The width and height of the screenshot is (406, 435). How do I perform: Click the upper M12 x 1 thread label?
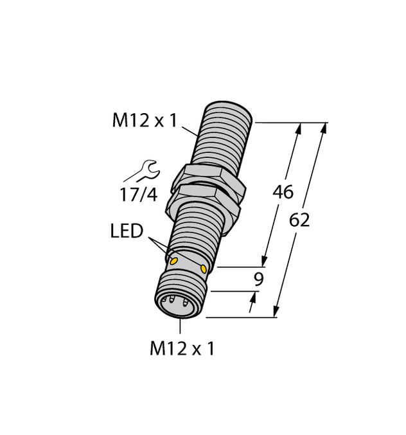[x=144, y=121]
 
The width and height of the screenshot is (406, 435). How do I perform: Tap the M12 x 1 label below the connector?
[x=182, y=349]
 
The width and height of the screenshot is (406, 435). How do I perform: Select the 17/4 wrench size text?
[x=137, y=195]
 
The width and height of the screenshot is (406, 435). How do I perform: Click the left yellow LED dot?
[x=172, y=260]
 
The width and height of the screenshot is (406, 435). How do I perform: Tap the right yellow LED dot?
[x=204, y=268]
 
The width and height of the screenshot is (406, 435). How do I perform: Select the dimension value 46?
[x=283, y=191]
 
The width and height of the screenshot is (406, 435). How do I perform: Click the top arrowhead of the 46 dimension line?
[x=297, y=128]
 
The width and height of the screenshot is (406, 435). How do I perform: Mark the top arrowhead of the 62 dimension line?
[x=323, y=128]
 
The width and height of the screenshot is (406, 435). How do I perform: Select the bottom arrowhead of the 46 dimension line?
[x=263, y=261]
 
